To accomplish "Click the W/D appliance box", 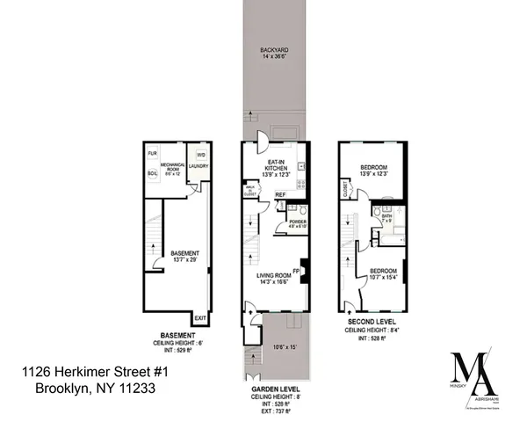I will click(x=201, y=154).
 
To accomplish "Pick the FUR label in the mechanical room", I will click(x=152, y=152).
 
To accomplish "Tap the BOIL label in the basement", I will click(x=152, y=172).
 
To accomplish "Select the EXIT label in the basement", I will click(x=200, y=317).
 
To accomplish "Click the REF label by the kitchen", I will click(x=280, y=195).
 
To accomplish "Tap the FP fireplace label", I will click(x=297, y=271).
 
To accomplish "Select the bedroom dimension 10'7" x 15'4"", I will click(x=384, y=273).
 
